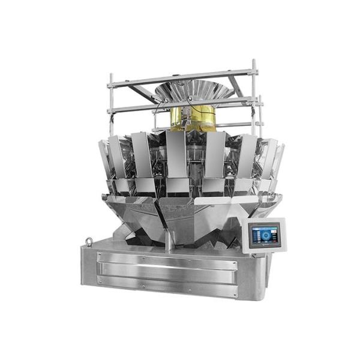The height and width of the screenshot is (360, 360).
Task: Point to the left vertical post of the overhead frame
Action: [x=110, y=102]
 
